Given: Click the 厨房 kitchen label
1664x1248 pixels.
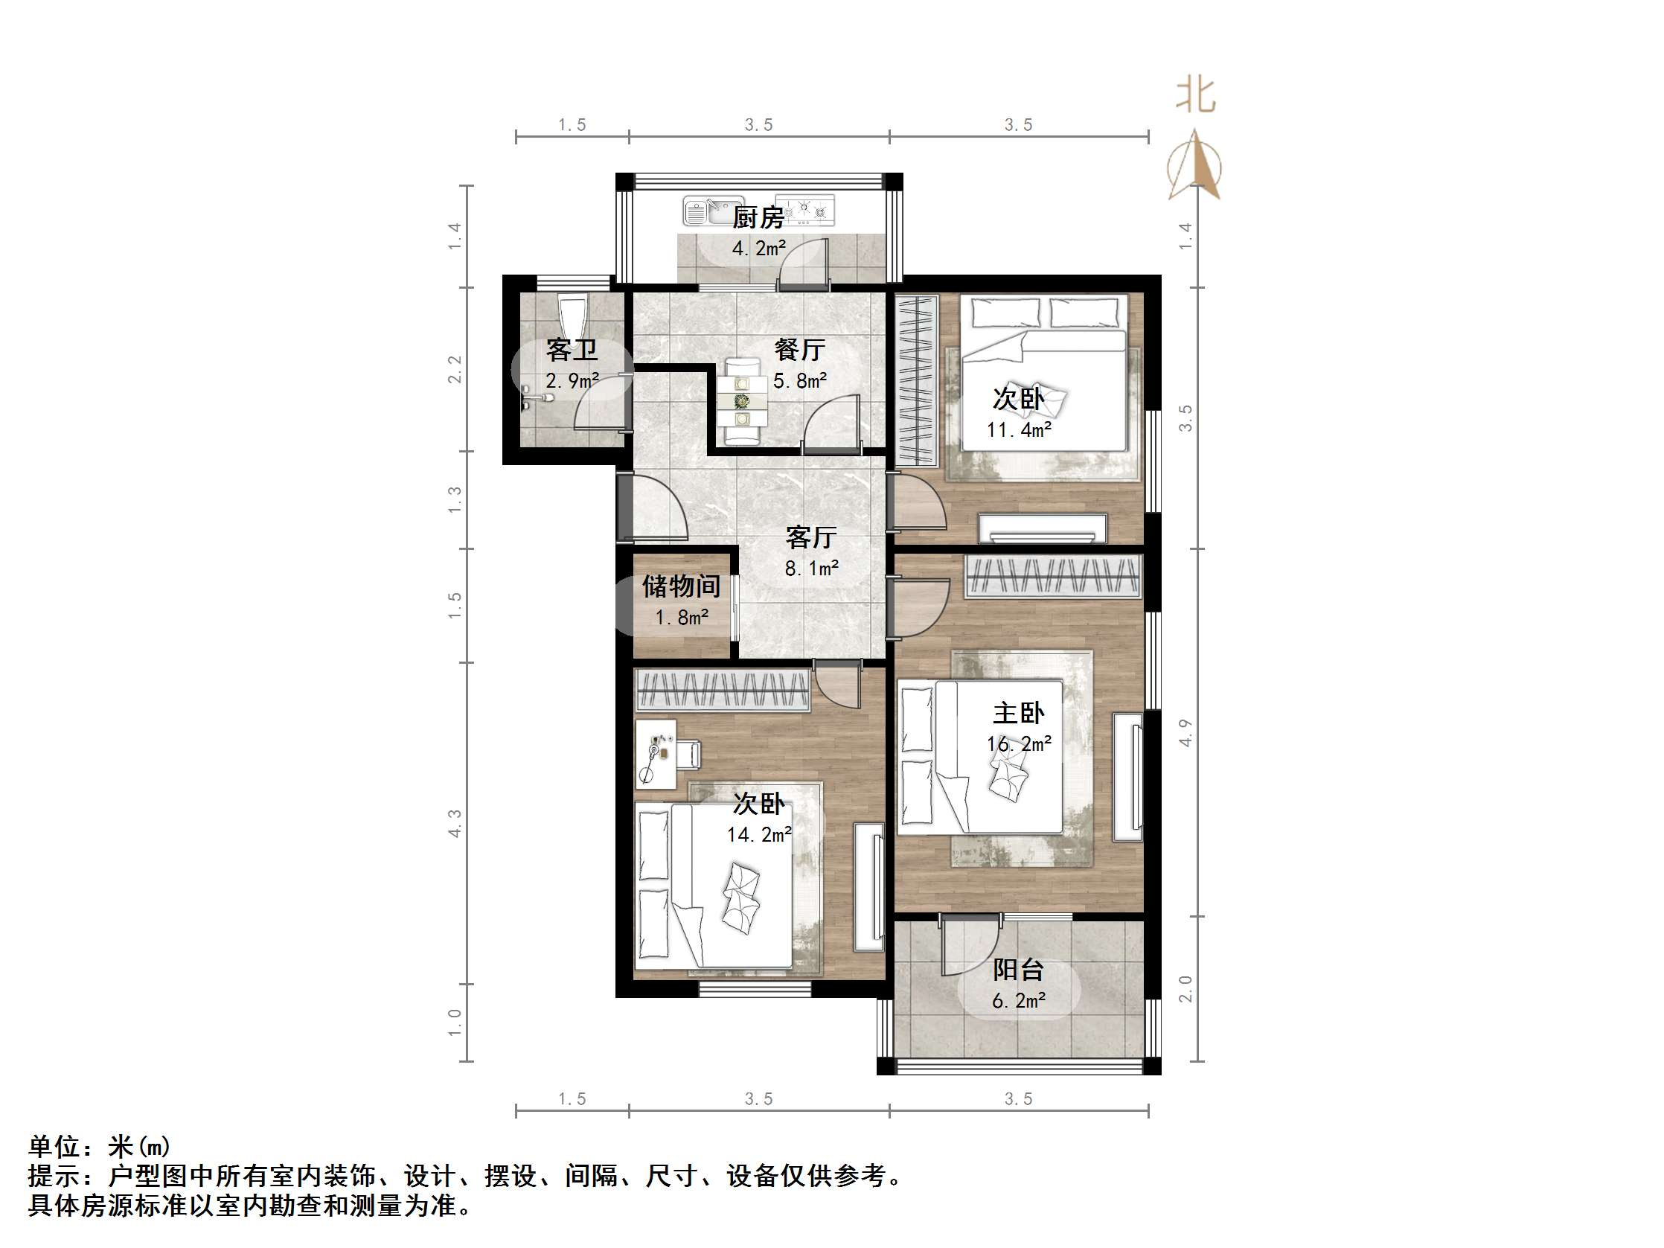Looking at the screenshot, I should pyautogui.click(x=758, y=218).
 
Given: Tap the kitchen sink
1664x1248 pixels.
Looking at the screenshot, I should pyautogui.click(x=705, y=211).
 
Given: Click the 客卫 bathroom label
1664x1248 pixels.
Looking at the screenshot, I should pyautogui.click(x=572, y=350).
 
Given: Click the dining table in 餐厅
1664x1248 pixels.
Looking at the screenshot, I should pyautogui.click(x=743, y=403).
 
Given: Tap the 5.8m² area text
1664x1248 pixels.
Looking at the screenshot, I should pyautogui.click(x=800, y=382).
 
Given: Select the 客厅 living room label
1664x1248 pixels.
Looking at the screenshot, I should pyautogui.click(x=811, y=537).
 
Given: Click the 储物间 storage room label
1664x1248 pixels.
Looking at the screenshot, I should pyautogui.click(x=681, y=586).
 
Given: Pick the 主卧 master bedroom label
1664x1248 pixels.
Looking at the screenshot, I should pyautogui.click(x=1019, y=712).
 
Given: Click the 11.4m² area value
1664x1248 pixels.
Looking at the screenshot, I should pyautogui.click(x=1019, y=430).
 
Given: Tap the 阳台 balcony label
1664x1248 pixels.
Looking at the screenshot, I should pyautogui.click(x=1018, y=970).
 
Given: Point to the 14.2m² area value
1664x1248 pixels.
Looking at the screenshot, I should pyautogui.click(x=758, y=835).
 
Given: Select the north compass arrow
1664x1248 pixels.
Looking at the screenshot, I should pyautogui.click(x=1194, y=166).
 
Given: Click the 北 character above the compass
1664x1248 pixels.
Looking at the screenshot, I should pyautogui.click(x=1195, y=95).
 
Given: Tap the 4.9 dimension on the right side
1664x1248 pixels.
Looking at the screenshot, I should pyautogui.click(x=1186, y=733).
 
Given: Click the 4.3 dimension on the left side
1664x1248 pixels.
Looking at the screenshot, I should pyautogui.click(x=455, y=823).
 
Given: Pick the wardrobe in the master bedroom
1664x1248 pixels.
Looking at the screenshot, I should pyautogui.click(x=1053, y=576).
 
